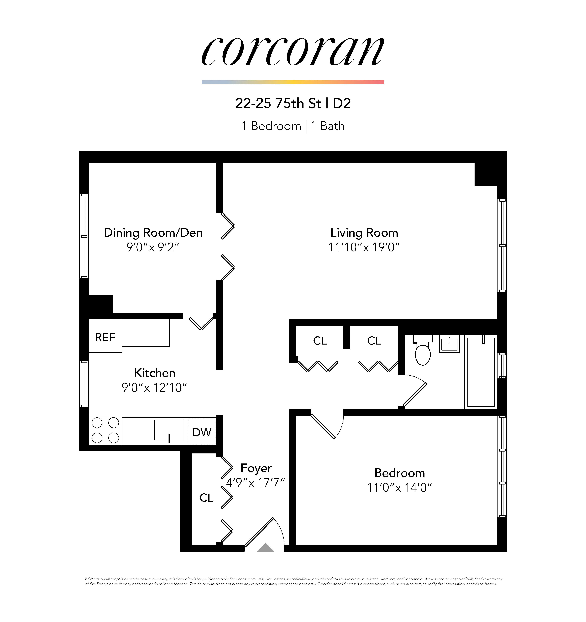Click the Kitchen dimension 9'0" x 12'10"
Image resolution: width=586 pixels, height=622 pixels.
pos(154,388)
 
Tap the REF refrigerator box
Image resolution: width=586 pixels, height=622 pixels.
pos(105,337)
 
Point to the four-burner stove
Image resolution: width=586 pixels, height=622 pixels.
pos(105,430)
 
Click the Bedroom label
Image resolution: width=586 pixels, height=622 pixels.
pos(400,473)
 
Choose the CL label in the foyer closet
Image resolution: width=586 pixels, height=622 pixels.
pos(206,497)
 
